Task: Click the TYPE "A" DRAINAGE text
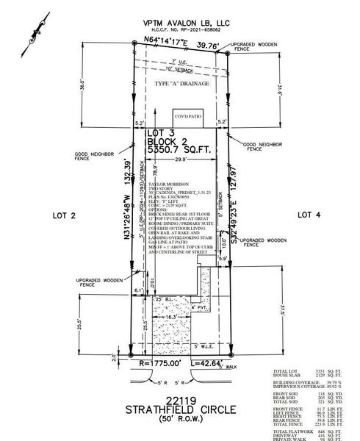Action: coord(181,84)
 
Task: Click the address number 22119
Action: coord(178,398)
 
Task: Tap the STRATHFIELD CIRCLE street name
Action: coord(178,409)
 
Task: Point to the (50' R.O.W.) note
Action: coord(178,419)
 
